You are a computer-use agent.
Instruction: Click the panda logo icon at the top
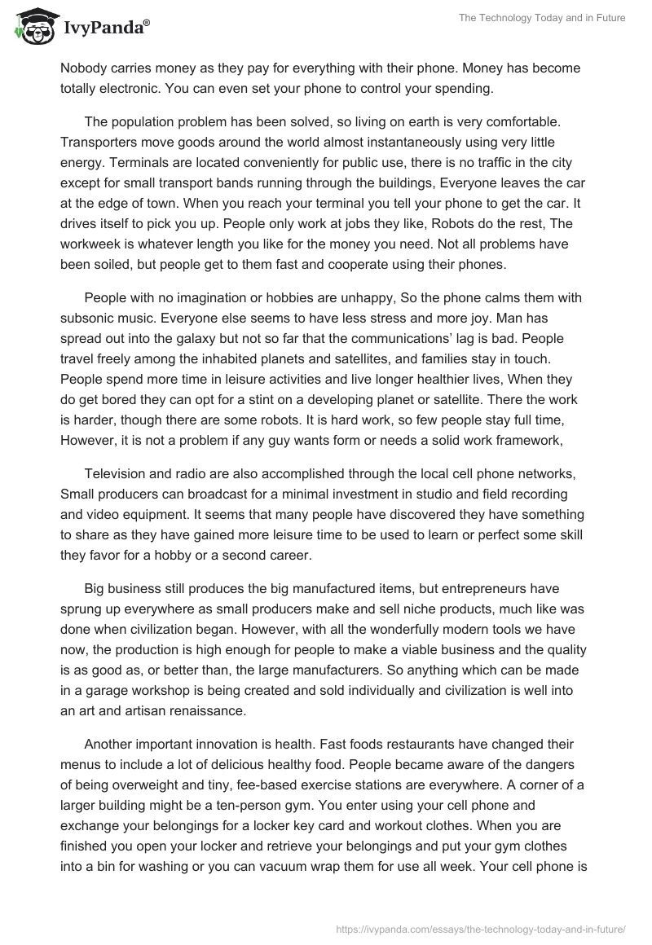point(33,27)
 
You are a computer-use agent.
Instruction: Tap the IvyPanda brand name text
point(104,28)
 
